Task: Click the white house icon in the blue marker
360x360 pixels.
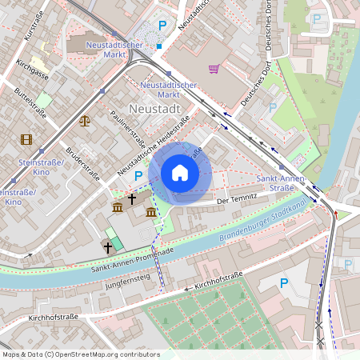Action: [x=180, y=173]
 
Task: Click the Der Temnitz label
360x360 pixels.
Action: [x=237, y=197]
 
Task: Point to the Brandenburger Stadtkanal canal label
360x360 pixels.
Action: [x=261, y=226]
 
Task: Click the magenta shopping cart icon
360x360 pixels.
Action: [x=214, y=69]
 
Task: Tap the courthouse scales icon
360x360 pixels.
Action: [x=85, y=121]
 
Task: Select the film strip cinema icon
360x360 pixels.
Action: [x=26, y=139]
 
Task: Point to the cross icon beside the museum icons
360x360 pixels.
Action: [x=132, y=197]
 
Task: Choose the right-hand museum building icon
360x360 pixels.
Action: [x=151, y=211]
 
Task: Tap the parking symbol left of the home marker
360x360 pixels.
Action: [x=138, y=176]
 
